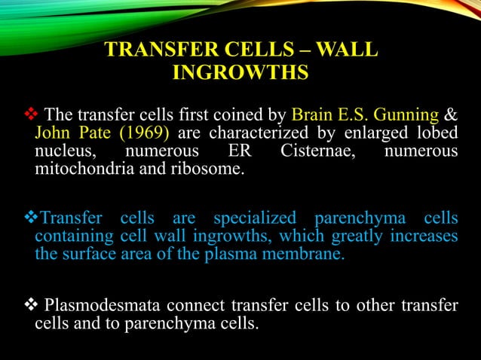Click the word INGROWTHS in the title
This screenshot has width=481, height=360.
tap(240, 74)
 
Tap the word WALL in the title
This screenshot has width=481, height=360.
tap(344, 51)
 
